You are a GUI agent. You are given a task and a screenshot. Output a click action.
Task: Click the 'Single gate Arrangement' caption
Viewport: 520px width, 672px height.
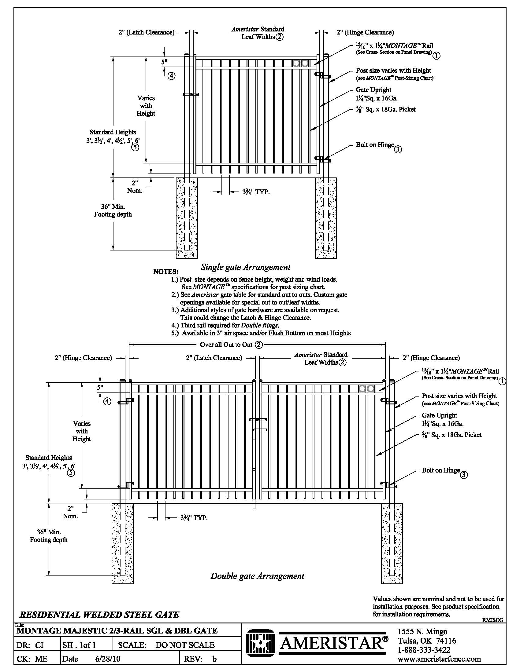(x=246, y=267)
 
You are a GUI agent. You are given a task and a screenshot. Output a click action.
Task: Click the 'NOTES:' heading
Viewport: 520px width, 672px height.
(x=166, y=272)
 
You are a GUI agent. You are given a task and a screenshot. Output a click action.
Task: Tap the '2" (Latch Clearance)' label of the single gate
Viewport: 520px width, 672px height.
(x=146, y=32)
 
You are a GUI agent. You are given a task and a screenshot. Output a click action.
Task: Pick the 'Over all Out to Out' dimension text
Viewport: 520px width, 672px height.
(x=226, y=345)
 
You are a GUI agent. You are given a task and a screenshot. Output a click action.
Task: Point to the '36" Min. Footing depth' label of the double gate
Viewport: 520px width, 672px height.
(x=49, y=536)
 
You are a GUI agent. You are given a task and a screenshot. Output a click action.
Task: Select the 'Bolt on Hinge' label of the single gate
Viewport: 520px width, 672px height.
(x=375, y=145)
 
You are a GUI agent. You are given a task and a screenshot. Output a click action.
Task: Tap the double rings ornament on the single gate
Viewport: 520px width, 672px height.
(x=300, y=63)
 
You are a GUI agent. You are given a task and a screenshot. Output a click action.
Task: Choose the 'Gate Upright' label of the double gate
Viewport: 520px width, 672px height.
(x=439, y=415)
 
